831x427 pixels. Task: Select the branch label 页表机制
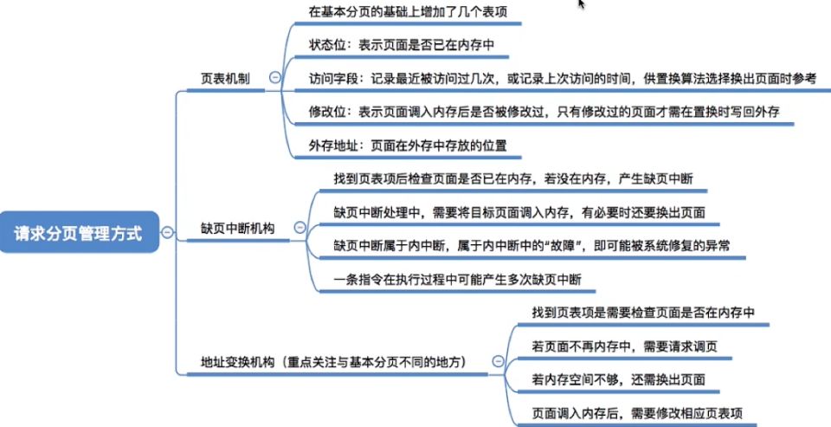[x=225, y=78]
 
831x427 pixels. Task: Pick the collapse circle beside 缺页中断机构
[x=300, y=229]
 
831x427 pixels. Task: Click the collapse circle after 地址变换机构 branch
[x=498, y=361]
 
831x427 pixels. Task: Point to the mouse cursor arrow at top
[x=582, y=4]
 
